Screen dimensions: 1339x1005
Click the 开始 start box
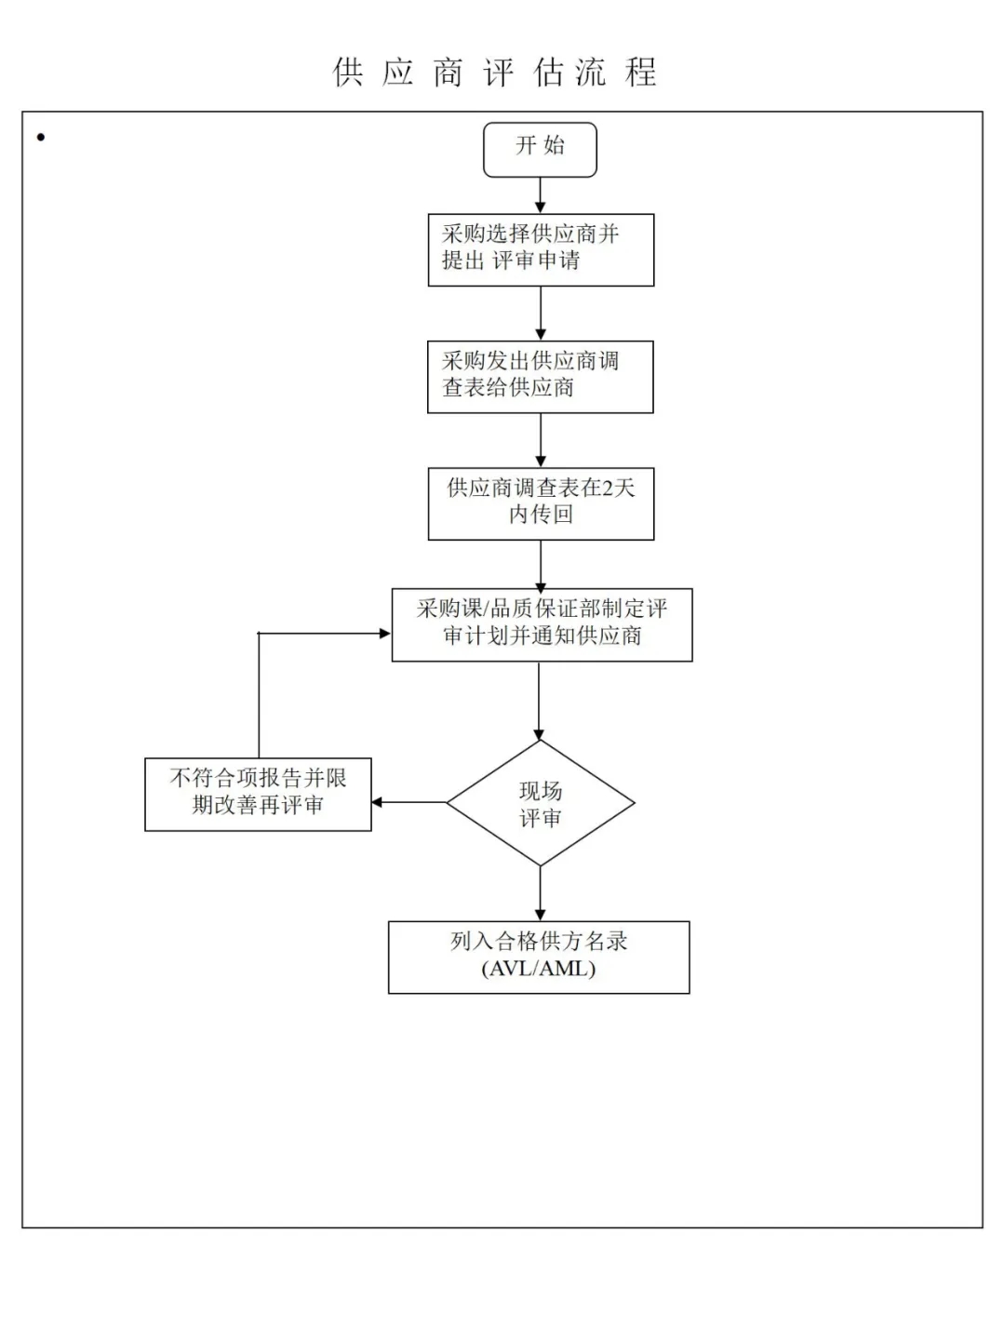click(540, 149)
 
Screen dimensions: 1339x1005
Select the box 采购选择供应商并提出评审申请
click(541, 249)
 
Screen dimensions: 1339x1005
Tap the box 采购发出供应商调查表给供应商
click(540, 377)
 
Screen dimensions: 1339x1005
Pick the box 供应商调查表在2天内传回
click(541, 503)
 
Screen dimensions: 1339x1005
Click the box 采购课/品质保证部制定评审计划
click(542, 624)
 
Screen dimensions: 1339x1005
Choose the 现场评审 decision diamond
click(541, 803)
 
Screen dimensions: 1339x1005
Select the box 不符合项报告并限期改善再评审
click(258, 794)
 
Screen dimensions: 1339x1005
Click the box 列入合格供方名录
click(539, 957)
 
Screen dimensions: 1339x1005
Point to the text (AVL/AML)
click(539, 969)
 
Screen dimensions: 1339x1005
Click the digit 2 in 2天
click(609, 488)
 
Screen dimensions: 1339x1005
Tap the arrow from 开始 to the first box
click(541, 195)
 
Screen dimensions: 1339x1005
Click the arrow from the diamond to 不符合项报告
click(409, 802)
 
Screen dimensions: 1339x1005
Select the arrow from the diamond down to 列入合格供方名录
click(540, 893)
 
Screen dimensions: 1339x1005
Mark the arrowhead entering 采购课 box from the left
click(383, 634)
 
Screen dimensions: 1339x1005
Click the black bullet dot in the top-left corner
click(41, 138)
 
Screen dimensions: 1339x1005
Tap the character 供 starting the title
click(348, 72)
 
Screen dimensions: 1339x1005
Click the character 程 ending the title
click(641, 72)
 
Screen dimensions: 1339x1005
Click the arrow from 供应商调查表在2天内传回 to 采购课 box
click(541, 564)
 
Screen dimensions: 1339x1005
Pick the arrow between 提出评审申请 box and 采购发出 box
click(541, 313)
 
